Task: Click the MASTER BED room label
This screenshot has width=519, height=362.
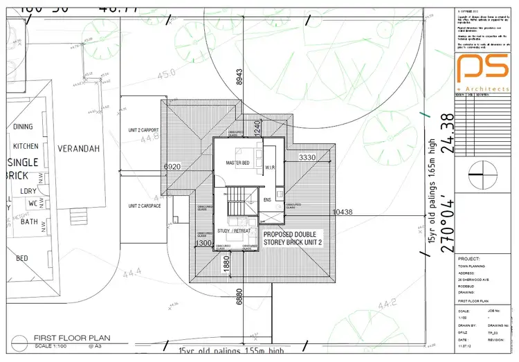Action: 237,163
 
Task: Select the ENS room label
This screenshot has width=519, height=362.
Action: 267,201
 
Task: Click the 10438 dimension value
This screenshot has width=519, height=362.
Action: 344,212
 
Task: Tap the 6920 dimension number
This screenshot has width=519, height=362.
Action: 172,167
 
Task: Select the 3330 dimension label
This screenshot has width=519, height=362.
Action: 307,159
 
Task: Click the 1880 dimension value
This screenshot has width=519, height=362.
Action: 226,263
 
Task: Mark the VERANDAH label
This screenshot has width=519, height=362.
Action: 78,149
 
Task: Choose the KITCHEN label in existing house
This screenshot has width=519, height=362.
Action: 25,147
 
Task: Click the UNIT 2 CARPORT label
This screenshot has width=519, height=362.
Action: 143,130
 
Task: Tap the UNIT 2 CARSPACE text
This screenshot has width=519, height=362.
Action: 145,206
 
